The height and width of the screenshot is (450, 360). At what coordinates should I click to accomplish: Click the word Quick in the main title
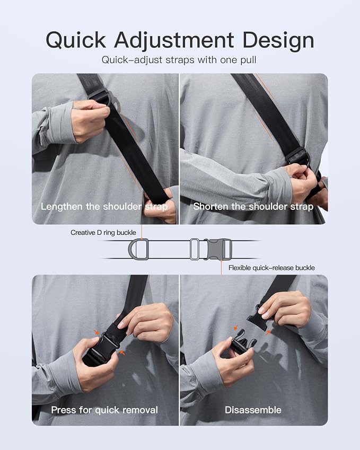76,40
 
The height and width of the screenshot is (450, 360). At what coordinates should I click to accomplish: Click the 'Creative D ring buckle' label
103,233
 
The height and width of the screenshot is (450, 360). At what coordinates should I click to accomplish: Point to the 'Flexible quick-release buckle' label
271,268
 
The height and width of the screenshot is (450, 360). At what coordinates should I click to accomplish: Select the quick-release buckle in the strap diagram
217,249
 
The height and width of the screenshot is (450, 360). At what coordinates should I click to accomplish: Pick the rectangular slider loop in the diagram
195,249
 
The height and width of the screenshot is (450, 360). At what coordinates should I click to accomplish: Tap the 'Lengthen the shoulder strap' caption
104,207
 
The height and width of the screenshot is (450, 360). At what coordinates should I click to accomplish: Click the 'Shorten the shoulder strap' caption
253,207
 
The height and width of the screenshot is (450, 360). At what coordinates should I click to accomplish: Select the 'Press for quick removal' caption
104,410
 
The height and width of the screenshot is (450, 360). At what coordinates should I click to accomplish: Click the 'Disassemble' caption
253,410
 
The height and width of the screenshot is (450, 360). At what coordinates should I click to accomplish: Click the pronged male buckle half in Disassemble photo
243,341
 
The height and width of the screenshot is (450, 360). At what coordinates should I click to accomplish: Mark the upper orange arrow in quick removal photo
96,332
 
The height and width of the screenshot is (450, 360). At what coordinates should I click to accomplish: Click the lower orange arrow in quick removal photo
122,352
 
